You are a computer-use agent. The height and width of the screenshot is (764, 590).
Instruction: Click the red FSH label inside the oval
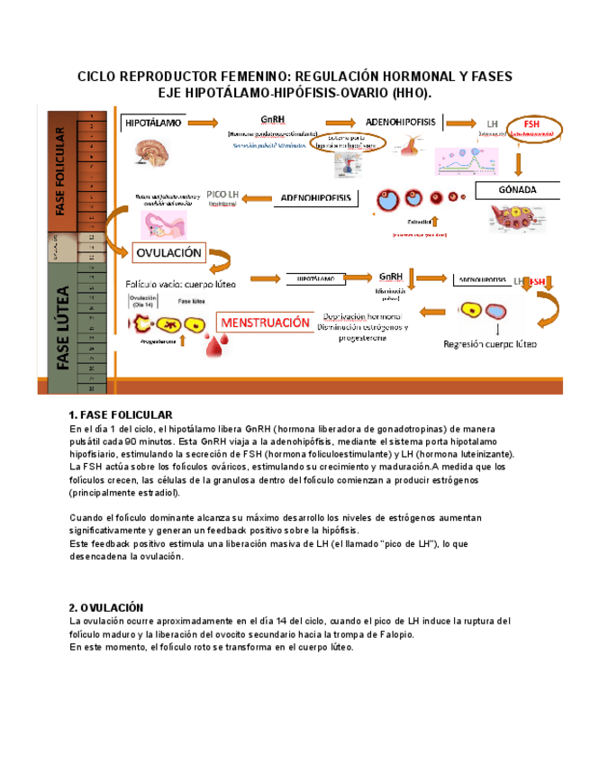coord(531,123)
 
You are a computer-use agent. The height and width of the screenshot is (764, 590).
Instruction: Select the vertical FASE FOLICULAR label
coord(59,171)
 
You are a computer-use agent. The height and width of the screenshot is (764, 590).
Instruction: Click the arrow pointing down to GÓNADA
coord(519,162)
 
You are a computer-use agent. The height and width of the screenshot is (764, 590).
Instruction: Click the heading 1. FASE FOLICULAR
coord(120,414)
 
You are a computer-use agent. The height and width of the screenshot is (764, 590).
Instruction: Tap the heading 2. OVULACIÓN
coord(105,607)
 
